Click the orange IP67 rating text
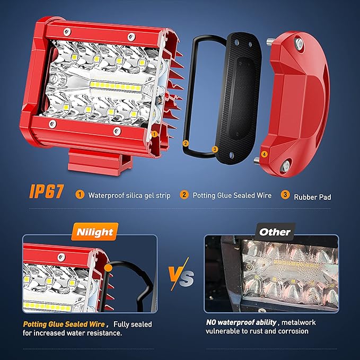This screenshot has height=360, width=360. click(46, 191)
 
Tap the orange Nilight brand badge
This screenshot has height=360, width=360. click(95, 232)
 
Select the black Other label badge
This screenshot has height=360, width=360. click(275, 232)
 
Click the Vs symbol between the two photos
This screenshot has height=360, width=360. click(181, 274)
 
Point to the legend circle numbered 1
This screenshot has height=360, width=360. click(80, 195)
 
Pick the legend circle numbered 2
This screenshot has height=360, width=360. click(184, 195)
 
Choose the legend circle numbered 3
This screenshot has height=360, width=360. click(285, 195)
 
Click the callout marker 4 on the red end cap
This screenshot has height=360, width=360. click(264, 154)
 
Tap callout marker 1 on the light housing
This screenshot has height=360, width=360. click(154, 134)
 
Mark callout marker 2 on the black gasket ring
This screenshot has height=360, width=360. click(186, 144)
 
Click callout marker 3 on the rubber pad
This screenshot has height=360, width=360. click(215, 149)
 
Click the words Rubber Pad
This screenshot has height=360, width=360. click(312, 197)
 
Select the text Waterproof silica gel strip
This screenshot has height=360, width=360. click(129, 196)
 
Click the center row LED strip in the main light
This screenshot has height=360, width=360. click(116, 86)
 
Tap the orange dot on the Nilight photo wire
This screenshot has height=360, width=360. click(108, 268)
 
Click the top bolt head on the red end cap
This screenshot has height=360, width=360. click(298, 43)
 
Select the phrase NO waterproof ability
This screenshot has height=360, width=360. click(241, 322)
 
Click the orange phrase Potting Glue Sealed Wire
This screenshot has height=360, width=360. click(64, 324)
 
